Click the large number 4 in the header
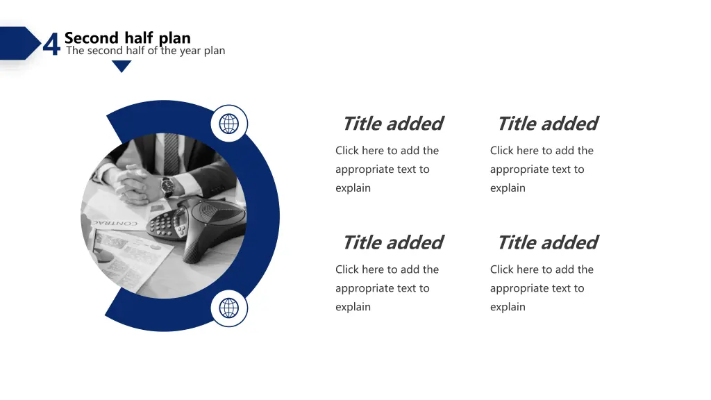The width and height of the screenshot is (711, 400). [x=51, y=44]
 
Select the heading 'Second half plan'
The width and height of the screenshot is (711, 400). [x=127, y=37]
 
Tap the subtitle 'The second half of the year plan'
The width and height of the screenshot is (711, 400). [x=145, y=51]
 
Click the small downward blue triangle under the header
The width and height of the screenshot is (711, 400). [x=122, y=66]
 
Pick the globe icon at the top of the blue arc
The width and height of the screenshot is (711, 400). [x=229, y=124]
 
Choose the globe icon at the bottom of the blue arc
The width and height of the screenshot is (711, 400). [x=229, y=308]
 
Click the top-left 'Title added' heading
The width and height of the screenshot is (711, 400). [x=392, y=124]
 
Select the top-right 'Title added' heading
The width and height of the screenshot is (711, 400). [x=547, y=124]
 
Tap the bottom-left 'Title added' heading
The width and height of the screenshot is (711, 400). [x=392, y=242]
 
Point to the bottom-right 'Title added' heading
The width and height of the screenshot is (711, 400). [x=547, y=242]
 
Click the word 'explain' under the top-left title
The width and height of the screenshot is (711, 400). [x=353, y=188]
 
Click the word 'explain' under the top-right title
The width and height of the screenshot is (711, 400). [x=508, y=188]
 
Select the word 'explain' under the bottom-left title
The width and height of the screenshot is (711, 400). [x=353, y=307]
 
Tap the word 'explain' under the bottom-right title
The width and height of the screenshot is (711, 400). [x=508, y=307]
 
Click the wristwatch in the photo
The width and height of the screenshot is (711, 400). [x=167, y=185]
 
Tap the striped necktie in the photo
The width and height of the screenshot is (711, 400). [x=170, y=153]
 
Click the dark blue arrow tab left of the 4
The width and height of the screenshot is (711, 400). [x=19, y=43]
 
